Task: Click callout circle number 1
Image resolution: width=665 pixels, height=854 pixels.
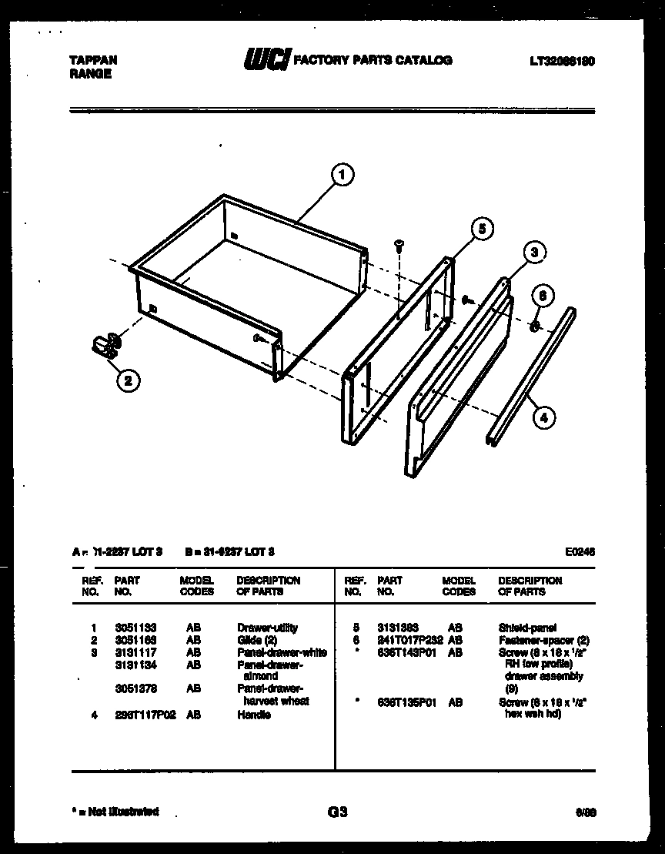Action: point(343,175)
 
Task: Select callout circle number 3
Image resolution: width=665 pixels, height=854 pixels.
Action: point(536,252)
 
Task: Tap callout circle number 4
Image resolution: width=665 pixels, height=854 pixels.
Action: point(543,418)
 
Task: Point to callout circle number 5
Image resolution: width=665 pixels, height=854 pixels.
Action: point(481,229)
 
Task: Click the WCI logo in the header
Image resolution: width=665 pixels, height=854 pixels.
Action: point(266,59)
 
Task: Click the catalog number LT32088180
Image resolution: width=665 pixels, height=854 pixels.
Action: point(562,60)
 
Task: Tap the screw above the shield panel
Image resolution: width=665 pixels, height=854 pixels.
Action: point(399,247)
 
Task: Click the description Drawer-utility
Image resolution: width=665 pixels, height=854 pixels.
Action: point(267,628)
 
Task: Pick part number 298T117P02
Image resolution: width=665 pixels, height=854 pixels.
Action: point(145,715)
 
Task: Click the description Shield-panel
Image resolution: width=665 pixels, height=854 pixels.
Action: point(527,628)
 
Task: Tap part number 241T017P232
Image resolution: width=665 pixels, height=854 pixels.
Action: point(409,640)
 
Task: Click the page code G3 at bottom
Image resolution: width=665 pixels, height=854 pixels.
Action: point(337,812)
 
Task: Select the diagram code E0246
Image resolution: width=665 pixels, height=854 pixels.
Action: point(580,551)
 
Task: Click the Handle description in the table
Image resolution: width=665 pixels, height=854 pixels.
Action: point(253,715)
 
